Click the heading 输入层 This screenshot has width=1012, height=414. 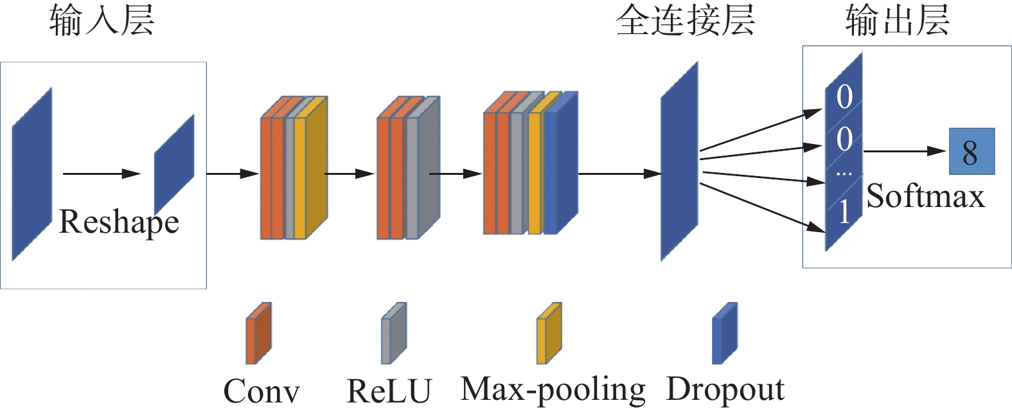click(x=102, y=21)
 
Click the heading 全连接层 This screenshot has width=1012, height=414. click(x=685, y=21)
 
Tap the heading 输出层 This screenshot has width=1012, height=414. click(x=897, y=21)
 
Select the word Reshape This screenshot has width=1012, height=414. click(x=119, y=222)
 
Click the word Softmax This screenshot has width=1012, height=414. click(x=925, y=196)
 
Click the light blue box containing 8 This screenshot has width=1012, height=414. click(x=972, y=152)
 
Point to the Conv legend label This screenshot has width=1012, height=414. click(x=262, y=391)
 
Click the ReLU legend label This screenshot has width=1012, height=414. click(x=389, y=391)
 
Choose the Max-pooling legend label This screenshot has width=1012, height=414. click(x=553, y=390)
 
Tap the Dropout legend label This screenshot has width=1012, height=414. click(x=725, y=390)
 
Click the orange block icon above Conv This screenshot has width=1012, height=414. click(x=258, y=333)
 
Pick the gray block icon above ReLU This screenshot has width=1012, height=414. click(x=394, y=333)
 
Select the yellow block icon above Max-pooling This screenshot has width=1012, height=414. click(x=549, y=333)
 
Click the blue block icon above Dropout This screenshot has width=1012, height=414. click(x=725, y=333)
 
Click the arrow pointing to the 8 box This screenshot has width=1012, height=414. click(x=905, y=152)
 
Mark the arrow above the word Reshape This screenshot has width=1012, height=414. click(x=102, y=174)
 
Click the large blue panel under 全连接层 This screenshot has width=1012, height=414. click(x=679, y=162)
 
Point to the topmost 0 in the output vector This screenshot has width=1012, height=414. click(x=844, y=97)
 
